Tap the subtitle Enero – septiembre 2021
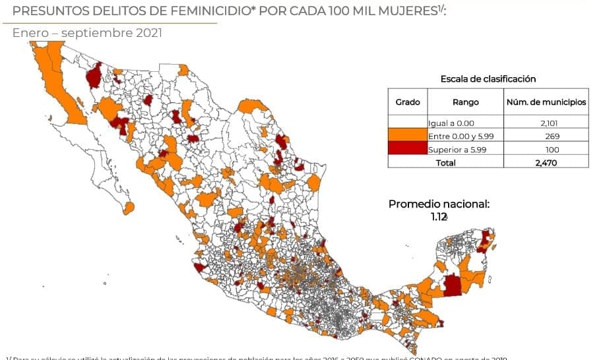pyautogui.click(x=87, y=32)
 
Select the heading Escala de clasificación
pyautogui.click(x=488, y=78)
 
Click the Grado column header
pyautogui.click(x=407, y=102)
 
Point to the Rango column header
pyautogui.click(x=465, y=102)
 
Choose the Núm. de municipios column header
pyautogui.click(x=546, y=102)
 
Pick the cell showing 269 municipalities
pyautogui.click(x=552, y=136)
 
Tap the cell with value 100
pyautogui.click(x=552, y=149)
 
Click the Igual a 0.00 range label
pyautogui.click(x=451, y=123)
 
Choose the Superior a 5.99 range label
pyautogui.click(x=457, y=149)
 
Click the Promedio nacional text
pyautogui.click(x=439, y=204)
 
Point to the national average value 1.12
pyautogui.click(x=438, y=216)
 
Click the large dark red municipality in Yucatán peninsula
pyautogui.click(x=452, y=285)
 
